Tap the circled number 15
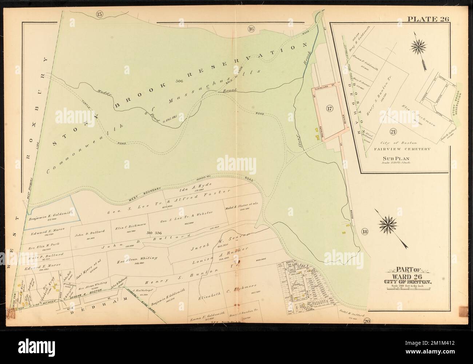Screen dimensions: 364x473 click(x=100, y=15)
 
